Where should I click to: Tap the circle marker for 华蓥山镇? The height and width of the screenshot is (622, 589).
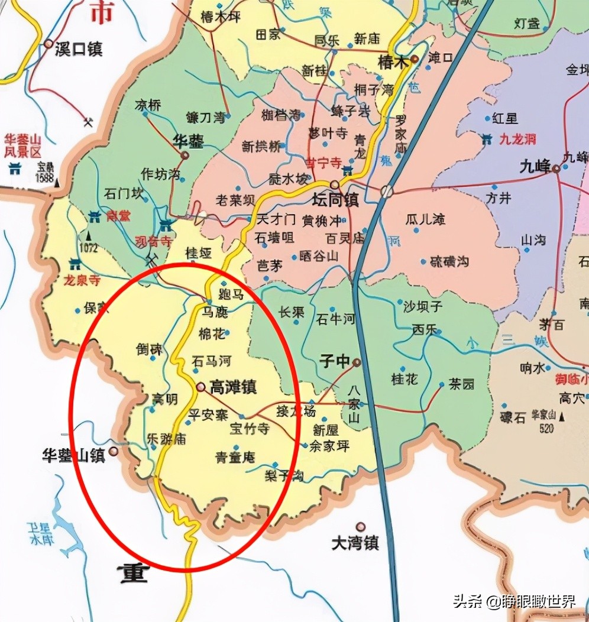click(x=113, y=451)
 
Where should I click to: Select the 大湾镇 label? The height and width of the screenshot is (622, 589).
click(x=355, y=543)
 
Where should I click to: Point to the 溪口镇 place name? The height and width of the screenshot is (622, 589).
click(x=78, y=48)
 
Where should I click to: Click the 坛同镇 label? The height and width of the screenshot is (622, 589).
click(x=335, y=200)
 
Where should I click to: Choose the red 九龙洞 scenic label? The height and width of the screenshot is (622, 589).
click(x=517, y=140)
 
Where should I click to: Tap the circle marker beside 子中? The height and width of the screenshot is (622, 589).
click(x=357, y=362)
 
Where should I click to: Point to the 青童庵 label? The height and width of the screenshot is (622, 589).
click(x=235, y=456)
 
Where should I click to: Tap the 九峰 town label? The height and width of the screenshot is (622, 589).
click(x=535, y=167)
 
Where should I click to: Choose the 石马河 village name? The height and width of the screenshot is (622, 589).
click(x=211, y=361)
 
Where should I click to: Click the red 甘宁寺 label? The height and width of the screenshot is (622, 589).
click(x=323, y=163)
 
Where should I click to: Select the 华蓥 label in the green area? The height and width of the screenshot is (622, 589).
click(x=187, y=141)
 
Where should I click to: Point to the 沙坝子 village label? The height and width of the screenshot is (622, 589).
click(x=423, y=306)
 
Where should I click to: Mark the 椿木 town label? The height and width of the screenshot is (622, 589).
click(x=393, y=61)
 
